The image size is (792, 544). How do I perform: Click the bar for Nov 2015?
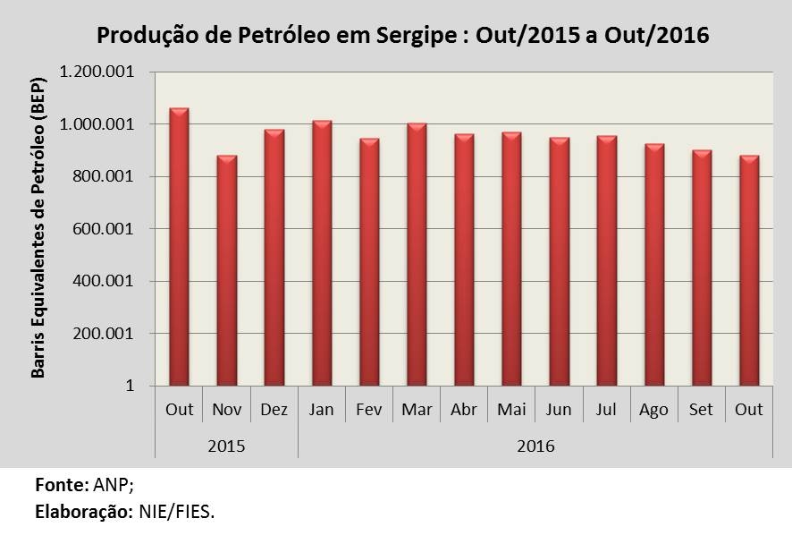pos(227,270)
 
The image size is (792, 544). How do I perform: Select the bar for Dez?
pos(274,258)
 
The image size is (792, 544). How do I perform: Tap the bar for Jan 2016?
pos(322,253)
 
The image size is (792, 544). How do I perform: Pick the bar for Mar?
pos(417,254)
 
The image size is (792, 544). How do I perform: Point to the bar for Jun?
pos(560,261)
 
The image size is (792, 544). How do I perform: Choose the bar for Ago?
pos(654,265)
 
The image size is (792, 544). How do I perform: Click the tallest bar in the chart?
pos(179,247)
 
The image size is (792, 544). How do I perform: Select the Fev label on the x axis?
pos(368,409)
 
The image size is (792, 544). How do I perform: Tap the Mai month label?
pos(511,409)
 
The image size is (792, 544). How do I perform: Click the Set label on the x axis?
pos(701,409)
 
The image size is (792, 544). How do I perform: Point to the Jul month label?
pos(606,409)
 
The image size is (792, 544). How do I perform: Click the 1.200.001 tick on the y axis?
pos(97,72)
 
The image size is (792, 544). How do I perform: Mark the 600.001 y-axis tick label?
pos(104,228)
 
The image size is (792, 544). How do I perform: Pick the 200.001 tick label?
pos(104,334)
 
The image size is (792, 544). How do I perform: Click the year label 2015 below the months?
pos(226,446)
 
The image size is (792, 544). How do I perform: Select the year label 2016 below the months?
pos(536,446)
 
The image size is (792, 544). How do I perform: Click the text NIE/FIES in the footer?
pos(176,512)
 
